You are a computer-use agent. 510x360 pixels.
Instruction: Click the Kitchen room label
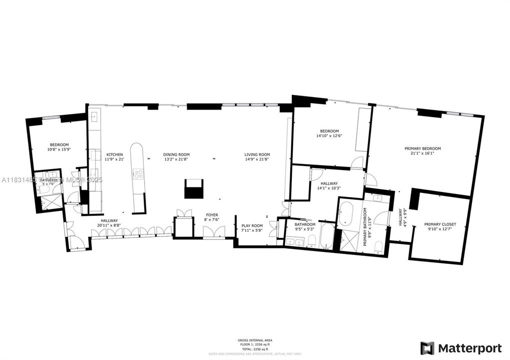pos(114,154)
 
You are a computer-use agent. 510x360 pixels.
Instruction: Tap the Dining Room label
pos(176,154)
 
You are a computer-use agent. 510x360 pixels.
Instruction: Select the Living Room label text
pos(257,154)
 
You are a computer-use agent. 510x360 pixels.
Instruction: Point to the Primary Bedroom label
pos(423,148)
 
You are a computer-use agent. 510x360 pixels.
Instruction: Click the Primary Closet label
pos(440,224)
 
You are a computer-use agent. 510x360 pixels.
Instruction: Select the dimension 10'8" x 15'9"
pos(59,149)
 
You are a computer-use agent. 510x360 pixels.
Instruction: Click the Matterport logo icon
pos(427,348)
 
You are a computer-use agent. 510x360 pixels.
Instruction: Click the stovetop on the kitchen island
pos(138,174)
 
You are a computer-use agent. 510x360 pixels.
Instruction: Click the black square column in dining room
pos(194,189)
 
